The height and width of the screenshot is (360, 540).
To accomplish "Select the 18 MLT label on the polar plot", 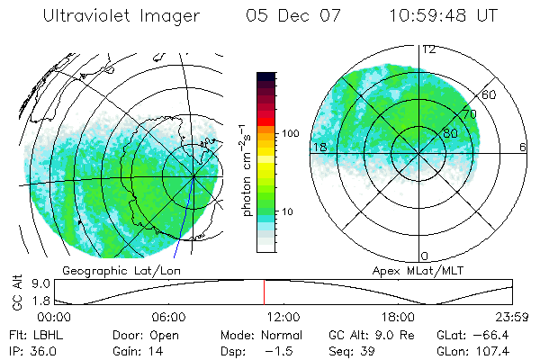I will [x=318, y=147].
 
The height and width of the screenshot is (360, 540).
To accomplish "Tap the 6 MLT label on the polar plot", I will [x=523, y=147].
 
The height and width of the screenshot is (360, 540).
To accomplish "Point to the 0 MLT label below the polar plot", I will [x=426, y=256].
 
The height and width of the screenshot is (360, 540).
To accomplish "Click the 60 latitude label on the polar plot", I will [x=490, y=95].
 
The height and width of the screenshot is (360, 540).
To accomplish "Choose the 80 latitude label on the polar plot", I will [x=452, y=132].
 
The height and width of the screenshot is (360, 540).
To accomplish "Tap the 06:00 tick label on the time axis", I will [x=168, y=317].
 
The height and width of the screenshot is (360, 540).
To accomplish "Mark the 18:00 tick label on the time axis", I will [x=399, y=317].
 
